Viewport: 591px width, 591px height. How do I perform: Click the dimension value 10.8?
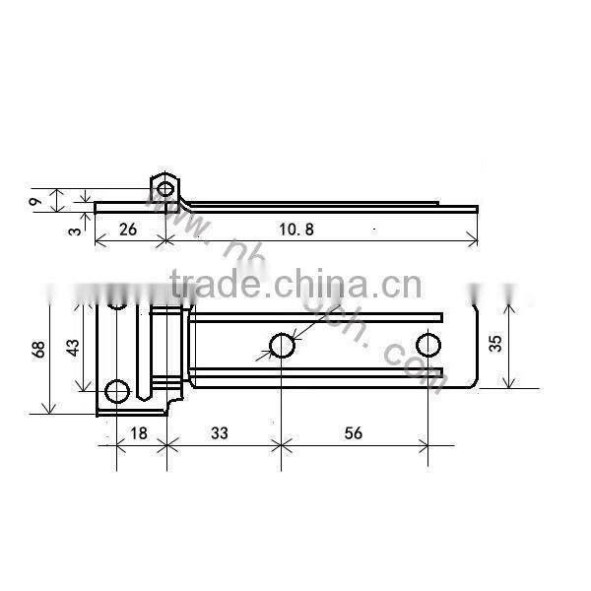tap(296, 230)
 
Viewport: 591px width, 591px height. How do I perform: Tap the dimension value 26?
tap(127, 230)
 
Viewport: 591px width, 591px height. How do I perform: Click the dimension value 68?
tap(37, 349)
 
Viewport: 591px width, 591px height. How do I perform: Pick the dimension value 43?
tap(71, 347)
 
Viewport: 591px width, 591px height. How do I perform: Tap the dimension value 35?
tap(494, 344)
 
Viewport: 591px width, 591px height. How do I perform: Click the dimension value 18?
tap(139, 432)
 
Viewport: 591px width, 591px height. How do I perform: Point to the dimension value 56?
tap(352, 432)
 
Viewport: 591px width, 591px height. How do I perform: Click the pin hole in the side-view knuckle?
tap(164, 188)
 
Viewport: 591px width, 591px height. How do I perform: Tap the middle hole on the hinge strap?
tap(282, 346)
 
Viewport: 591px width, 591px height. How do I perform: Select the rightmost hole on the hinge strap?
tap(427, 346)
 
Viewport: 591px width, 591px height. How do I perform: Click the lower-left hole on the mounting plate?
tap(116, 391)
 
